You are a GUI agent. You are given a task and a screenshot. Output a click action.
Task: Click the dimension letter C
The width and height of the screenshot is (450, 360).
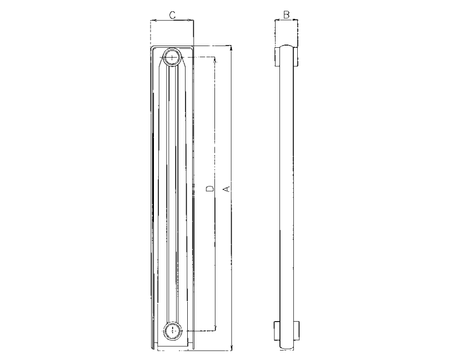(x=172, y=15)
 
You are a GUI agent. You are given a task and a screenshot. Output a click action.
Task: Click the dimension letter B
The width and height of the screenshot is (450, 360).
(x=286, y=14)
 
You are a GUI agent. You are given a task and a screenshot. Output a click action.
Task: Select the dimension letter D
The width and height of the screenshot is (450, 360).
(x=211, y=189)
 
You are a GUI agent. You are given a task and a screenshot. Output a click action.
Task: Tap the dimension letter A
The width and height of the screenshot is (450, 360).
(x=227, y=189)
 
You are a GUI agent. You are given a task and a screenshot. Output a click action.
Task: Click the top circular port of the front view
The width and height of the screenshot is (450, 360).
(x=172, y=57)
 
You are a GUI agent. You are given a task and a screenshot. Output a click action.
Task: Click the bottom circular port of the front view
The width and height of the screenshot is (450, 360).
(x=172, y=330)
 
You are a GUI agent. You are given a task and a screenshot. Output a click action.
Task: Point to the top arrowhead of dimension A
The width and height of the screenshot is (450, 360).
(x=231, y=48)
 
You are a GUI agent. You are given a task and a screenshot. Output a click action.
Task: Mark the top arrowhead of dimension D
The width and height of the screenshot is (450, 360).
(x=215, y=59)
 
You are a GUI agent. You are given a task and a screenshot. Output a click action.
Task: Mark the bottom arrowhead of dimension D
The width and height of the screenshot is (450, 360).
(x=215, y=328)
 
